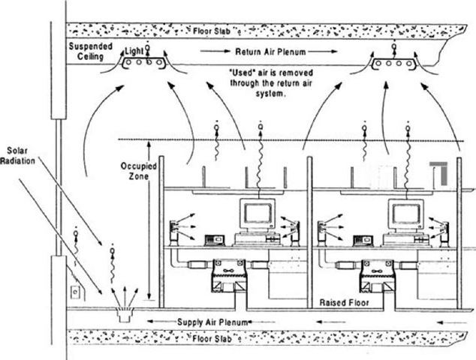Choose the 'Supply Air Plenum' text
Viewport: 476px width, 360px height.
point(213,322)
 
